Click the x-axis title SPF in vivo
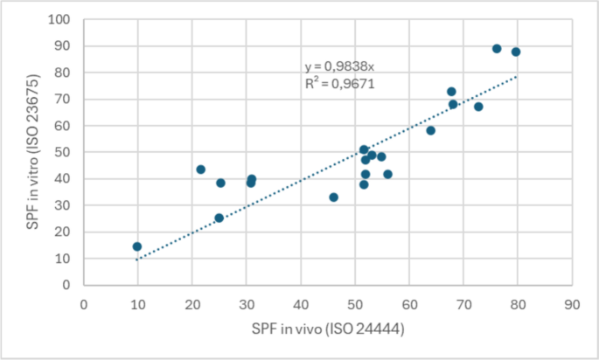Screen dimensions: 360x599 (327, 333)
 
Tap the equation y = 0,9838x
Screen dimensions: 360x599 (339, 66)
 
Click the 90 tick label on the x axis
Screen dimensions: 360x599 (572, 304)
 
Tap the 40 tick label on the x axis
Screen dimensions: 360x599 (301, 304)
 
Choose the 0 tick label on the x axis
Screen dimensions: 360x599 (84, 304)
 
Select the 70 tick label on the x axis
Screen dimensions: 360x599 (463, 304)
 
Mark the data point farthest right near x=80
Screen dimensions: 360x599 (516, 52)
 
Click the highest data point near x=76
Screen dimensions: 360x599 (497, 49)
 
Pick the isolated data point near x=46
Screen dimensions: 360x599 (333, 197)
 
